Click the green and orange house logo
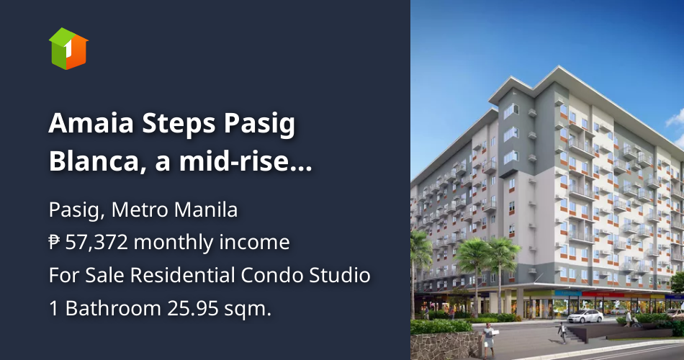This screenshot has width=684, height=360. (68, 48)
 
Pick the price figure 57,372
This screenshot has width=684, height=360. (97, 243)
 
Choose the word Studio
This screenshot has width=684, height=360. (343, 275)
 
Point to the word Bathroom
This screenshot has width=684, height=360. (110, 308)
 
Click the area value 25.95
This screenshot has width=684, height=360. (191, 308)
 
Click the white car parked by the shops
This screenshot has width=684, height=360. (585, 315)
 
